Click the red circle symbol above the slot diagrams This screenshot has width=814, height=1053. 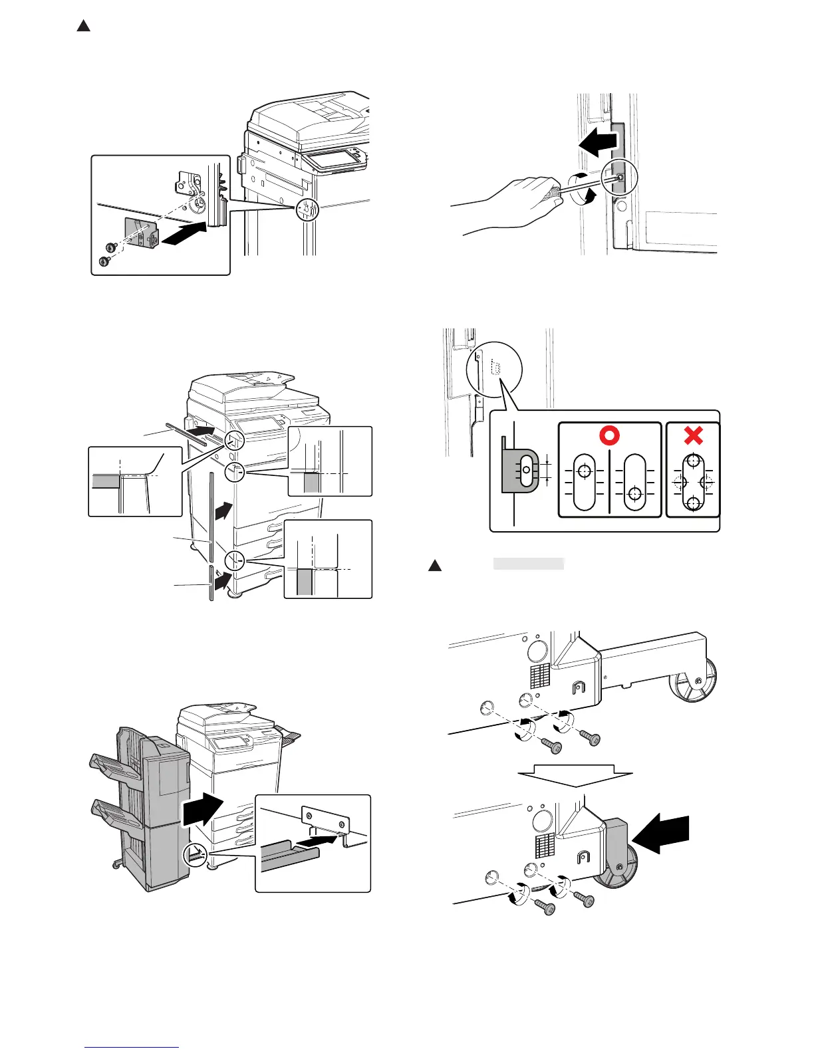(609, 435)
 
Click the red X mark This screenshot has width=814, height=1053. (693, 436)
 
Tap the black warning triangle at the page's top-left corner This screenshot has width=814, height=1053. (82, 27)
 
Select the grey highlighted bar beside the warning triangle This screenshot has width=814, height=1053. (528, 564)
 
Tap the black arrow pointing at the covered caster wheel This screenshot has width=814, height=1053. (664, 834)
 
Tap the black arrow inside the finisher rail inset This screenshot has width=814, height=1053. (314, 842)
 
